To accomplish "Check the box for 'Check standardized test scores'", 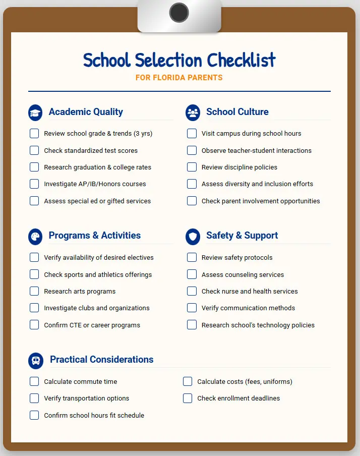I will click(34, 150).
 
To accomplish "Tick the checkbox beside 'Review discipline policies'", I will click(192, 167).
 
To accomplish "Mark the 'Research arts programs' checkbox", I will click(34, 291).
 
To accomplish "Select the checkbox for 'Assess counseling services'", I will click(192, 274).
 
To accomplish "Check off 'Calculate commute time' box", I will click(34, 381).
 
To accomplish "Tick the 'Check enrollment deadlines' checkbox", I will click(188, 398).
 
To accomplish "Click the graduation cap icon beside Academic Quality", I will click(35, 112).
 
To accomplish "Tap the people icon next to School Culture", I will click(193, 112).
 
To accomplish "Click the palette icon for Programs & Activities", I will click(35, 236).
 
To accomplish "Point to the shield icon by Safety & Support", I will click(193, 236).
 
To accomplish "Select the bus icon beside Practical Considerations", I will click(36, 360).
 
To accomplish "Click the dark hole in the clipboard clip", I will click(179, 12).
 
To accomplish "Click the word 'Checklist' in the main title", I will click(241, 61).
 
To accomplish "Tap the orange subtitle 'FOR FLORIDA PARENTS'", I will click(179, 78).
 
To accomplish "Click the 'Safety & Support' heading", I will click(242, 236).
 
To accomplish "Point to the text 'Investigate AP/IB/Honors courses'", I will click(95, 184).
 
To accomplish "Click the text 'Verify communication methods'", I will click(248, 308).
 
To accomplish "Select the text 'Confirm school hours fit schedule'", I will click(94, 415).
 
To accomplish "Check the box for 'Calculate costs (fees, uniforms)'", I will click(188, 381).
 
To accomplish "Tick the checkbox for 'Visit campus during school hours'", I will click(192, 134).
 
